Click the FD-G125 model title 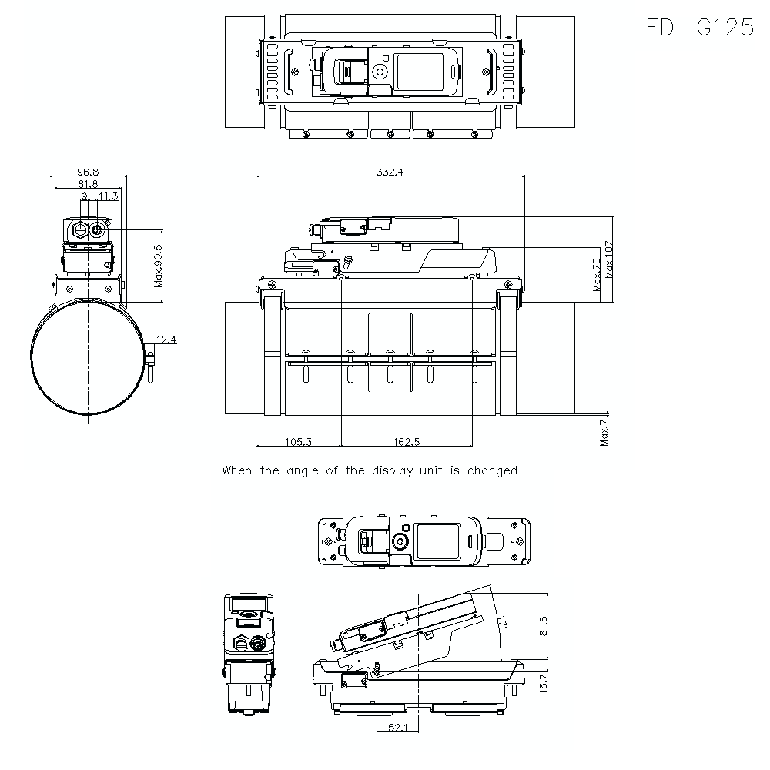(x=699, y=28)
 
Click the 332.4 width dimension (x=390, y=172)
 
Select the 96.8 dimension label (x=87, y=172)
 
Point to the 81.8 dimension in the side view (x=87, y=184)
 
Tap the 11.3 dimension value (x=107, y=196)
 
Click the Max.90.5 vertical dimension (x=159, y=266)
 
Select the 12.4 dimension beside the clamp (x=166, y=340)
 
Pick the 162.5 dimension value (x=406, y=441)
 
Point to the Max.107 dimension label (x=608, y=259)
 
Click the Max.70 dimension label (x=596, y=275)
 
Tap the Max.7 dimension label (x=604, y=431)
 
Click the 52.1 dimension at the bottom (x=397, y=727)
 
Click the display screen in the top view (x=419, y=71)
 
